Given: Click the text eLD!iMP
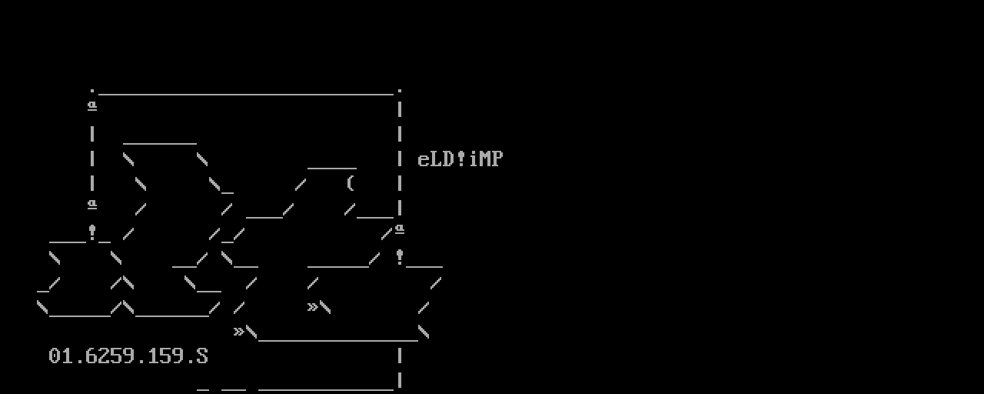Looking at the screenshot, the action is point(460,159).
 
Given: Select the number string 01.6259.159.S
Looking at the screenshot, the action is point(128,356).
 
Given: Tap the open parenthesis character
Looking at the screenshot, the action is point(350,183).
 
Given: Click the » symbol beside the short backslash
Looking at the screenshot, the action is point(312,306).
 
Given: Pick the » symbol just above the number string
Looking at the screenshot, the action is point(238,331).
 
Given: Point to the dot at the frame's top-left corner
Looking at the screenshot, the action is point(92,91).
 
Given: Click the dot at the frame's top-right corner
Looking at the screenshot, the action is point(400,91).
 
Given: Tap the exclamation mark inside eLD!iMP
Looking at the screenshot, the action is point(460,159).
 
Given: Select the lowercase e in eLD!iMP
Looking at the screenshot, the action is point(423,161).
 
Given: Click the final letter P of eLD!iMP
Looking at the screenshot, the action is point(497,159).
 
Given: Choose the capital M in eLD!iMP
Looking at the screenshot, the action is point(485,159).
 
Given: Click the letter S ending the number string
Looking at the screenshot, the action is point(202,356).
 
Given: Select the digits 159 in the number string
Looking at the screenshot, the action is point(165,356).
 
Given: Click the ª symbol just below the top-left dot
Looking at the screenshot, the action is point(92,106).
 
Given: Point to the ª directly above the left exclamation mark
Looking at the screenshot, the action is point(92,205).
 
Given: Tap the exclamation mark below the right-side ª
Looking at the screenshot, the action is point(400,257).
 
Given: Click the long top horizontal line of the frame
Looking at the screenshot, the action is point(246,94).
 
